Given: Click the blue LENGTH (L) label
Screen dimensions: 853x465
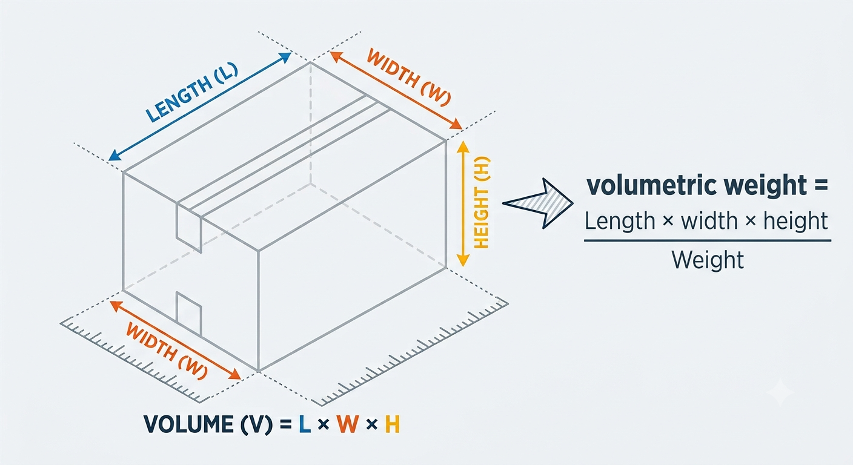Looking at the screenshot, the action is (x=191, y=92).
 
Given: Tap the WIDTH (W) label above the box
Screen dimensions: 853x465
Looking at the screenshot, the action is (x=409, y=78).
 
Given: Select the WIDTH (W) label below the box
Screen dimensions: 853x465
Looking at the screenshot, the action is (x=167, y=351).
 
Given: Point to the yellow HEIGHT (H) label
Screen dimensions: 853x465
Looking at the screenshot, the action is (x=482, y=202).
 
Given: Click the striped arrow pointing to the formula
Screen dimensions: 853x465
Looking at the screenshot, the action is (x=538, y=203).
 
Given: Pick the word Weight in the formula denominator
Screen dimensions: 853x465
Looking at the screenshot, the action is (x=708, y=260).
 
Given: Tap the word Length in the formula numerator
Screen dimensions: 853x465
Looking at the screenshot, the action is (x=620, y=222).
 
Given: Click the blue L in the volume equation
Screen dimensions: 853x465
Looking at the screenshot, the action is (x=305, y=424).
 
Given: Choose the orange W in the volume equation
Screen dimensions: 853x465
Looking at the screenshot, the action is (x=347, y=424).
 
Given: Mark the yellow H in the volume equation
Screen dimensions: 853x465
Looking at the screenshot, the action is (x=392, y=424).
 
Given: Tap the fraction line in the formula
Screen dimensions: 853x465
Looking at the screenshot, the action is (x=708, y=241).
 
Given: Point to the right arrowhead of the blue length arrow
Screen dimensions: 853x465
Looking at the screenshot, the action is (x=285, y=58).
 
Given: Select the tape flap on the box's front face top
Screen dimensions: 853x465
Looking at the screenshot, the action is (x=188, y=228).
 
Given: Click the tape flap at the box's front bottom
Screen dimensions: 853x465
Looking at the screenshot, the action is (x=188, y=314).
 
